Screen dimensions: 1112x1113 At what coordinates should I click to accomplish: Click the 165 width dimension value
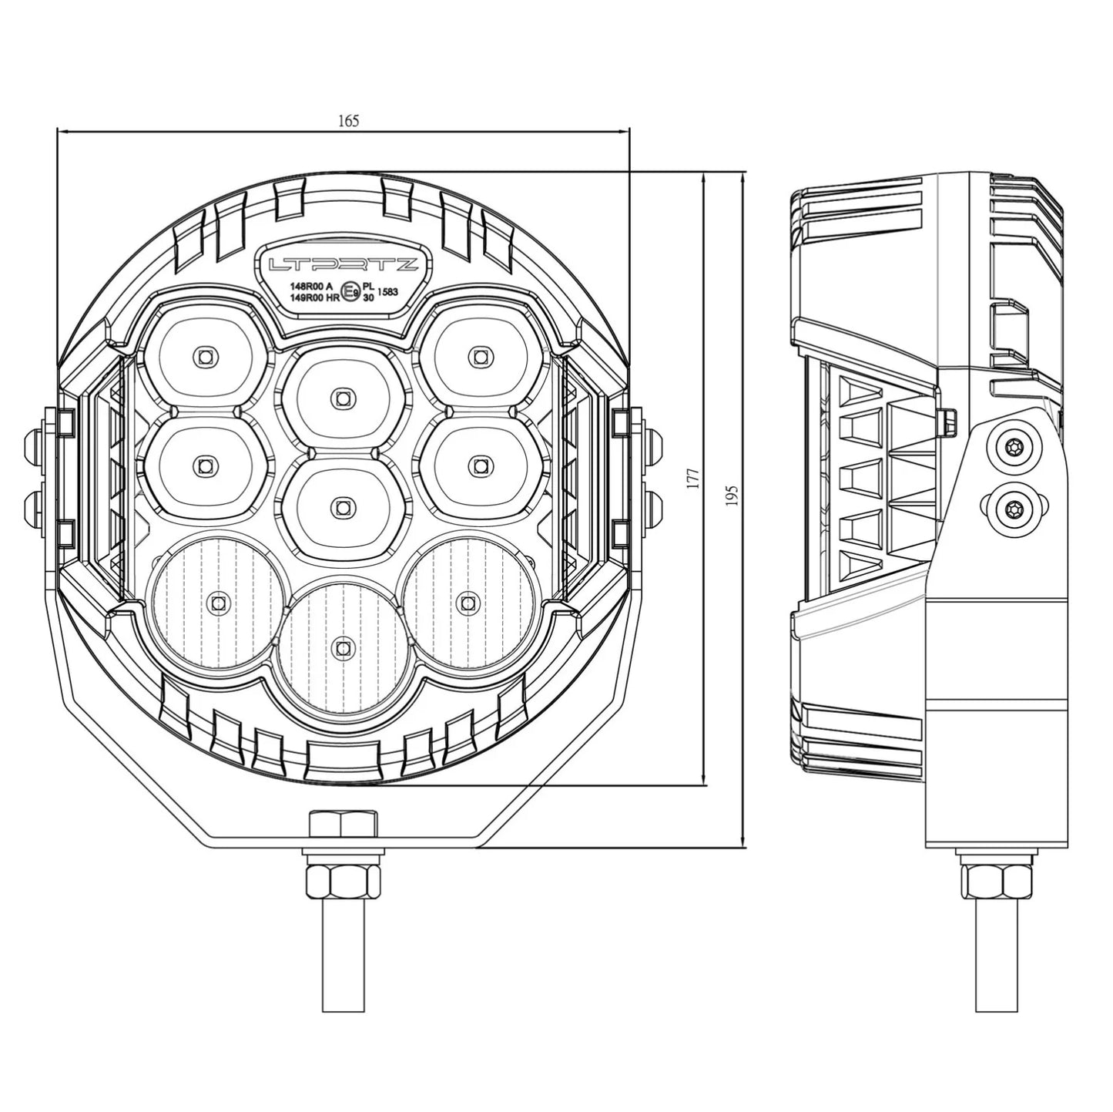click(348, 121)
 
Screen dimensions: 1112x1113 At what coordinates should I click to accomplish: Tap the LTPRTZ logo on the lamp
click(343, 265)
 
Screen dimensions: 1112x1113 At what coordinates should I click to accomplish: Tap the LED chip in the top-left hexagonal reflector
click(204, 356)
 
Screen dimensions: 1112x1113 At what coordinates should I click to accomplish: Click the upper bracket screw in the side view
click(1013, 445)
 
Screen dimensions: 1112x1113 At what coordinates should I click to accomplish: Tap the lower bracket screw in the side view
click(1013, 508)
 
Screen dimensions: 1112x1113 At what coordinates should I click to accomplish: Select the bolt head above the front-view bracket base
click(343, 824)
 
